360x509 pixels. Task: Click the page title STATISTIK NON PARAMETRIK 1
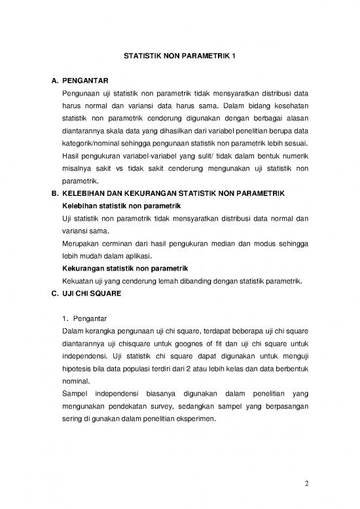click(x=179, y=56)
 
